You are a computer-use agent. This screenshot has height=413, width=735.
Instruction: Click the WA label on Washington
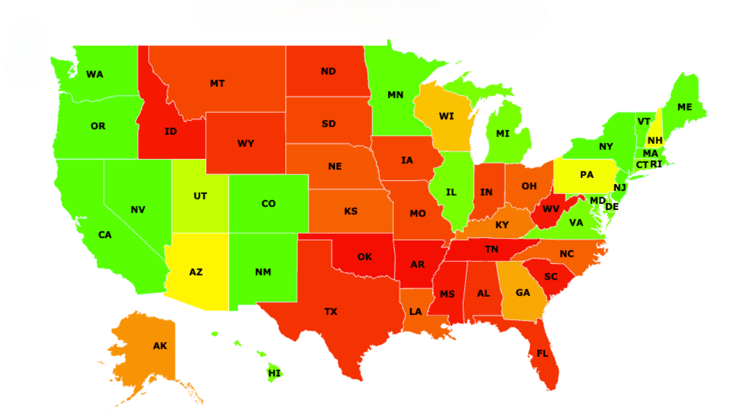(x=94, y=75)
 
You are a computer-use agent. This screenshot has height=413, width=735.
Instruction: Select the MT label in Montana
(x=217, y=83)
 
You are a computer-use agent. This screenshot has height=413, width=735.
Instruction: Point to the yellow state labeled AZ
(x=196, y=272)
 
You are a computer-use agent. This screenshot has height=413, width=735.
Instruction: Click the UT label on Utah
(x=200, y=196)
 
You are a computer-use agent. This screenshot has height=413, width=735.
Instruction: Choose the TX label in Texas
(x=331, y=312)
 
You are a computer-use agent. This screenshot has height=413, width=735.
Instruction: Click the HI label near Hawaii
(x=274, y=373)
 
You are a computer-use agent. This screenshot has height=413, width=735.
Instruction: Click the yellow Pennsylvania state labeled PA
(x=586, y=175)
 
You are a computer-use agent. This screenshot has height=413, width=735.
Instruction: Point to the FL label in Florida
(x=543, y=354)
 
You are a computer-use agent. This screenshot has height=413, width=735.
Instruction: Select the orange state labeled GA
(x=522, y=292)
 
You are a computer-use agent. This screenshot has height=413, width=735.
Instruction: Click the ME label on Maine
(x=685, y=107)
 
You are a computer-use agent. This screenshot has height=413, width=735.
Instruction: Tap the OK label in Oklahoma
(x=364, y=257)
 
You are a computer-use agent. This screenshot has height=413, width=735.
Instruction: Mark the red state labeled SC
(x=551, y=277)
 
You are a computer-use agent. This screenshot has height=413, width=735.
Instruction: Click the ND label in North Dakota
(x=328, y=72)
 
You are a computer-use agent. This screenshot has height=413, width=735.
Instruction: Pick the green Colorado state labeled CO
(x=268, y=204)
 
